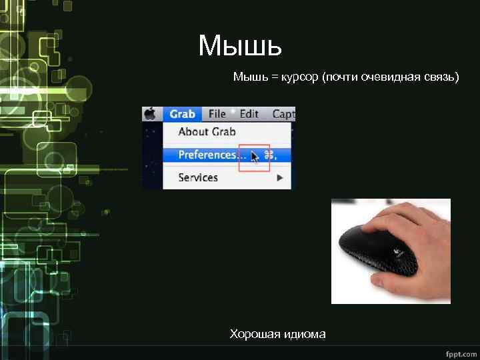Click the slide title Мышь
pos(240,46)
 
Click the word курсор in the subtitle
pos(301,77)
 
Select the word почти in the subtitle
pos(341,77)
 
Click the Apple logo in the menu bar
pos(151,113)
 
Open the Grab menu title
pos(182,113)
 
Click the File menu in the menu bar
pos(217,113)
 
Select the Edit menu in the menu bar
pos(249,113)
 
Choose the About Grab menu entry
pos(207,132)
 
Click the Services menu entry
pos(198,177)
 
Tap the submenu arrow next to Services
pos(280,177)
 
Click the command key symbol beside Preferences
pos(269,155)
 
